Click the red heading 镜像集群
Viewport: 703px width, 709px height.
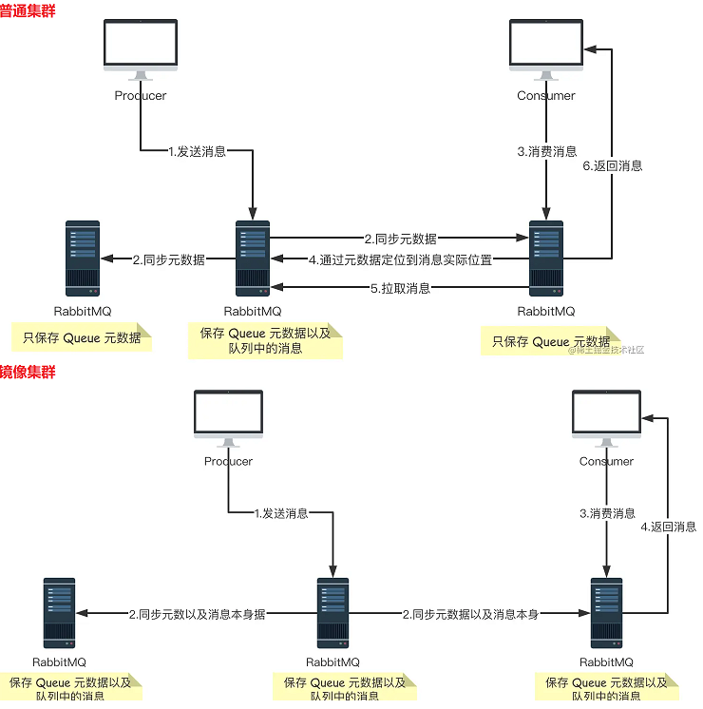pyautogui.click(x=28, y=372)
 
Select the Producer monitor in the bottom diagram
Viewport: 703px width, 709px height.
pyautogui.click(x=229, y=416)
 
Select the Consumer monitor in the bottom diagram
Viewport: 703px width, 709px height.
pyautogui.click(x=606, y=416)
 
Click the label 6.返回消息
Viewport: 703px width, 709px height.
pyautogui.click(x=612, y=165)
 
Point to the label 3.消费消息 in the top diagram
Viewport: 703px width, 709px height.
pyautogui.click(x=546, y=151)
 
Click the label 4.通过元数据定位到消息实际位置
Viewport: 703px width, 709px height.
pyautogui.click(x=400, y=259)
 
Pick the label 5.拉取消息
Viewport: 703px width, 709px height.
pyautogui.click(x=400, y=288)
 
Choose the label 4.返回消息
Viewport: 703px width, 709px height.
pyautogui.click(x=668, y=527)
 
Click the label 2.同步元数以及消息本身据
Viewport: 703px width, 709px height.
pyautogui.click(x=197, y=615)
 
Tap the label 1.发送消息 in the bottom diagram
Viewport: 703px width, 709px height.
pyautogui.click(x=281, y=513)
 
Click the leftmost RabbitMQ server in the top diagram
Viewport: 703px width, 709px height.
pyautogui.click(x=83, y=259)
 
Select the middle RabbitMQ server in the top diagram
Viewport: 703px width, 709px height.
pyautogui.click(x=253, y=259)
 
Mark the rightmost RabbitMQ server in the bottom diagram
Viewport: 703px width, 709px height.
pyautogui.click(x=606, y=613)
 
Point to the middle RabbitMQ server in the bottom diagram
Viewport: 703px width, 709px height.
pyautogui.click(x=332, y=613)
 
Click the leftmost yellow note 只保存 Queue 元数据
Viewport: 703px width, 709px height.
pyautogui.click(x=82, y=337)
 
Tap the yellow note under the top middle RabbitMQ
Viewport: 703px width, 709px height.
pyautogui.click(x=265, y=341)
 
